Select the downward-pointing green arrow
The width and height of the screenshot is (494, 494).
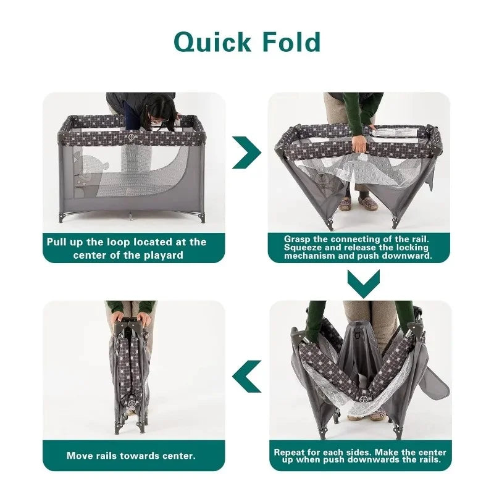click(x=363, y=283)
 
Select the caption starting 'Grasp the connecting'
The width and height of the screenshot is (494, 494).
click(x=359, y=247)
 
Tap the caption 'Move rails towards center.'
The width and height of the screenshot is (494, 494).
click(x=131, y=456)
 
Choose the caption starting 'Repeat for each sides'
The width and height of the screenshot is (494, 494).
click(x=359, y=456)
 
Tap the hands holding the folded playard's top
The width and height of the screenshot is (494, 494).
click(x=130, y=318)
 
